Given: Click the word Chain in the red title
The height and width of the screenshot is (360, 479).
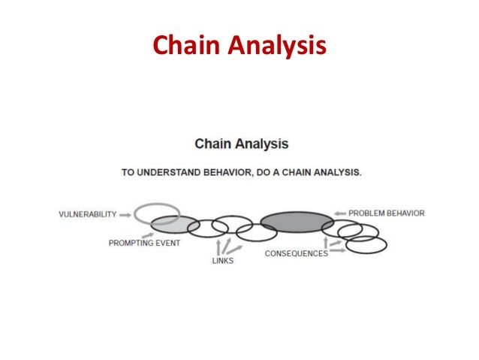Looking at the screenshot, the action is click(182, 47).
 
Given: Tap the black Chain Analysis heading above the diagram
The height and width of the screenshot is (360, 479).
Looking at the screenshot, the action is click(241, 143).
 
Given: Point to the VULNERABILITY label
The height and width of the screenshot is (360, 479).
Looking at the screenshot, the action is click(88, 214).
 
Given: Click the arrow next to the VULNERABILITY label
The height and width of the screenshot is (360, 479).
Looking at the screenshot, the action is click(125, 214).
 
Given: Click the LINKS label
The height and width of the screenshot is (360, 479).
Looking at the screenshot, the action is click(222, 261).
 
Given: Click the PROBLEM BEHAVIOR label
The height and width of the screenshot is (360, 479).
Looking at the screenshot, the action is click(387, 213).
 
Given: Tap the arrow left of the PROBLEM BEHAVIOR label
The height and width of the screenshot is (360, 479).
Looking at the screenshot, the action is click(340, 213).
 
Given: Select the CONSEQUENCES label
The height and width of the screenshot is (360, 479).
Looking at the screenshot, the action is click(296, 253).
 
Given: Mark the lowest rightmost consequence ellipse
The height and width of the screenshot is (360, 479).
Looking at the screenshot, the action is click(366, 245).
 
